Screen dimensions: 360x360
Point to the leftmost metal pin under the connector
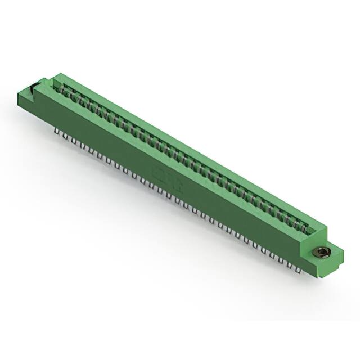coord(57,130)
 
